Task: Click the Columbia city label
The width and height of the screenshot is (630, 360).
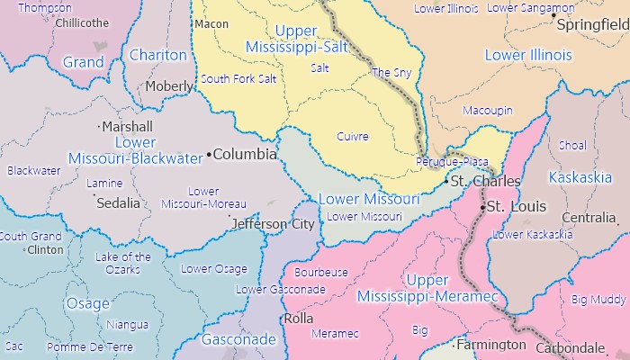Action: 245,154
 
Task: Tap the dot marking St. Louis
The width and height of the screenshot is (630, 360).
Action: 483,208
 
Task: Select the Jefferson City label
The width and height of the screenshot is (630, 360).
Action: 273,224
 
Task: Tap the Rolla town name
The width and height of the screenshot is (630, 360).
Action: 298,319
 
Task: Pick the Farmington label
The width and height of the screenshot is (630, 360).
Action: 490,345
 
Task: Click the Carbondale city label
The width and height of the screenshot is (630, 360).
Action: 571,347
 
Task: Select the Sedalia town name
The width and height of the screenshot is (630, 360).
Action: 118,202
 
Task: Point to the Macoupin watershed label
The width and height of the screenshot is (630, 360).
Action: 487,111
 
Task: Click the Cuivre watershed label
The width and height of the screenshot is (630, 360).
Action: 352,136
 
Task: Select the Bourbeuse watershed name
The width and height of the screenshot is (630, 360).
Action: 321,272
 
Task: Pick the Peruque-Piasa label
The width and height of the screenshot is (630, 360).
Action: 452,161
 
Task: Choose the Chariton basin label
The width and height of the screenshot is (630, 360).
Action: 157,56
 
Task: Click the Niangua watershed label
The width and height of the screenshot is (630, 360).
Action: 127,324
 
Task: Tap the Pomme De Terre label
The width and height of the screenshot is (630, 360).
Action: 78,346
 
